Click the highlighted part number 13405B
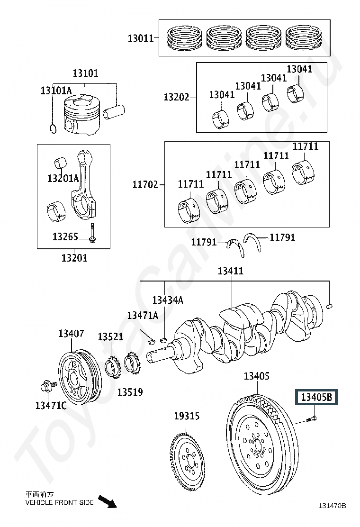(x=316, y=397)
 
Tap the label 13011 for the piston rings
(x=140, y=38)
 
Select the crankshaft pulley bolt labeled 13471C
(x=46, y=387)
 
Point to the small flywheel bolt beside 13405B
(x=312, y=419)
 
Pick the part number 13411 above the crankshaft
(x=230, y=271)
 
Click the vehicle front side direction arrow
(x=107, y=501)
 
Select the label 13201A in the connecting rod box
(x=63, y=178)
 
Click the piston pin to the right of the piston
(x=114, y=112)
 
